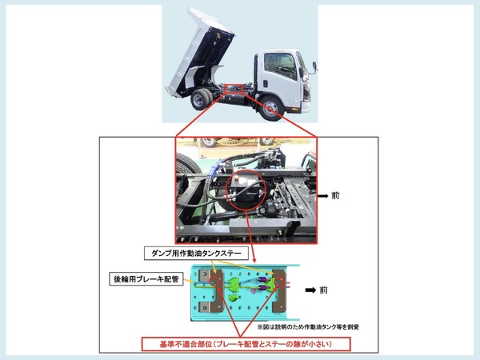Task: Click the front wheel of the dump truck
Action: pyautogui.click(x=270, y=108)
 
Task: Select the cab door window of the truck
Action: pyautogui.click(x=280, y=65)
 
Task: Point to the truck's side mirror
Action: pyautogui.click(x=314, y=68)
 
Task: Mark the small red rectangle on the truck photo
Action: pyautogui.click(x=234, y=89)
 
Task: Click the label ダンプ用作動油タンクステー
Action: pyautogui.click(x=196, y=253)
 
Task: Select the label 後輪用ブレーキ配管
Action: pyautogui.click(x=146, y=279)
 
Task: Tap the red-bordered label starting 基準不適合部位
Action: pyautogui.click(x=246, y=344)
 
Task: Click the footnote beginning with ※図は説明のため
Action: pyautogui.click(x=308, y=327)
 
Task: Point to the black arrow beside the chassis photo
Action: pyautogui.click(x=323, y=196)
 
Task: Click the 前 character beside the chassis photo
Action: pyautogui.click(x=335, y=196)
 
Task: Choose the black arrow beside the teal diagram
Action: pyautogui.click(x=310, y=290)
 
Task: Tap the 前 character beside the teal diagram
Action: pyautogui.click(x=323, y=290)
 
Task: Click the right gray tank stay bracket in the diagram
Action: pyautogui.click(x=278, y=291)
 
